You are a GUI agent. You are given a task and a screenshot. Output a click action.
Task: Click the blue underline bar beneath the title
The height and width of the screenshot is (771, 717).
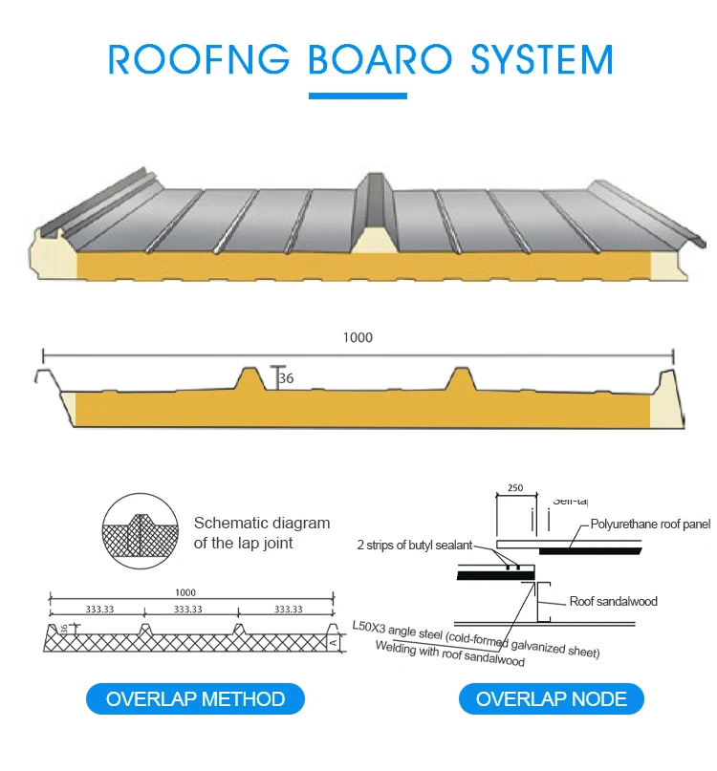pos(358,96)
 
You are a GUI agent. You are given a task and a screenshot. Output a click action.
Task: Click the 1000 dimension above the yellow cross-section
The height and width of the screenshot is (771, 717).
pos(358,337)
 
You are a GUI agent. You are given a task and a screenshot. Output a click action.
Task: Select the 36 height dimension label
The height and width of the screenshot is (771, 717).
pos(286,378)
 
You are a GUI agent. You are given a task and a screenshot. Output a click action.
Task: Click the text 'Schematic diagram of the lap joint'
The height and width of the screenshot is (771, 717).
pos(261,533)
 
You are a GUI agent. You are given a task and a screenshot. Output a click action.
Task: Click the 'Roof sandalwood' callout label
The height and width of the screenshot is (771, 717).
pos(613,601)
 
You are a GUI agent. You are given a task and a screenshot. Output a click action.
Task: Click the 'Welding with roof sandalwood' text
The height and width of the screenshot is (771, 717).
pos(449,654)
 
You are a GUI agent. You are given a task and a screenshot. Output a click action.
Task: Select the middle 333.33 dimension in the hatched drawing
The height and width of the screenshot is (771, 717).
pos(187,609)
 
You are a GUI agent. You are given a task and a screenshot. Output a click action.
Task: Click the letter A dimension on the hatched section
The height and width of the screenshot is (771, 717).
pos(333,642)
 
